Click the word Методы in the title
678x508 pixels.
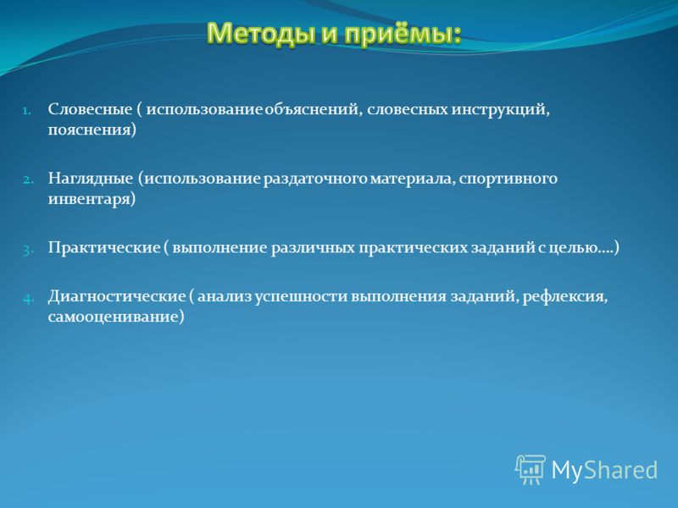click(x=261, y=33)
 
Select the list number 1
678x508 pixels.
click(x=26, y=111)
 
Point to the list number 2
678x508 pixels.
click(x=28, y=179)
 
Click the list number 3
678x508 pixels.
click(x=28, y=250)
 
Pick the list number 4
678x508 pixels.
click(x=28, y=298)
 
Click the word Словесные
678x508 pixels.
click(x=90, y=109)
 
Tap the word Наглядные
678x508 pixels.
click(x=91, y=178)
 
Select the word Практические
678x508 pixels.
click(x=104, y=247)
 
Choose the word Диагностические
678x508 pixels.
click(x=117, y=296)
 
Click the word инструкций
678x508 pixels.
click(x=500, y=110)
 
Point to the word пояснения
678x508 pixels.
click(x=92, y=130)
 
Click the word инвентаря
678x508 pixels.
click(x=92, y=199)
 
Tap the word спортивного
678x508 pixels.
click(x=508, y=179)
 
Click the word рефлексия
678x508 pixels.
click(x=564, y=297)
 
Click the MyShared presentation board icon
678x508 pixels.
click(x=531, y=469)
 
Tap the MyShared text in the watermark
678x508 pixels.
click(x=604, y=470)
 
